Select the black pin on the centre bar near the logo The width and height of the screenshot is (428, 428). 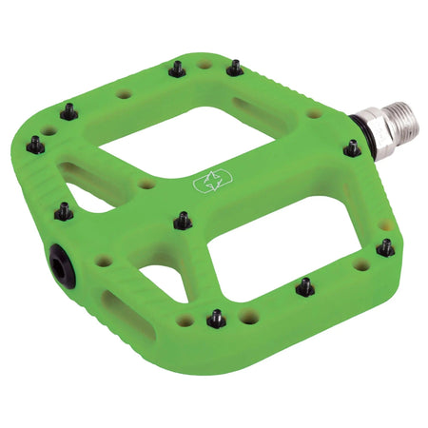183,221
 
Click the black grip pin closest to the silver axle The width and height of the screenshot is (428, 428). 352,148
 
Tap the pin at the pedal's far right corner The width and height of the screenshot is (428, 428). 385,247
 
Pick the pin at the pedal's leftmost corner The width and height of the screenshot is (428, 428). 36,145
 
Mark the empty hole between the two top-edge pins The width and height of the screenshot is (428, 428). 205,66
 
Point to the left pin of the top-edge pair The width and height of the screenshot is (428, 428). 177,68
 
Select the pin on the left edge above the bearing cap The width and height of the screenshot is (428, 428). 64,211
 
